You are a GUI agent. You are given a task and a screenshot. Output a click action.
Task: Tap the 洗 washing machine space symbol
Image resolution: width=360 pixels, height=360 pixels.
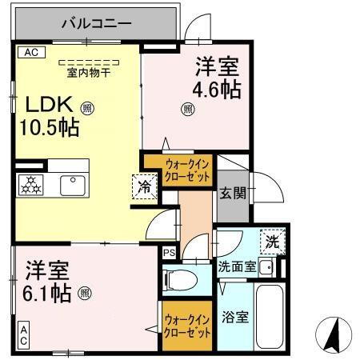(272, 239)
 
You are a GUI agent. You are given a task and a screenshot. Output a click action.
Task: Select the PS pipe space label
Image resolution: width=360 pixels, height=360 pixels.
(168, 254)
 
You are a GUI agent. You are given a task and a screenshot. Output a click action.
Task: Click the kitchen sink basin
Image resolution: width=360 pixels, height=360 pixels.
(72, 186)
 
